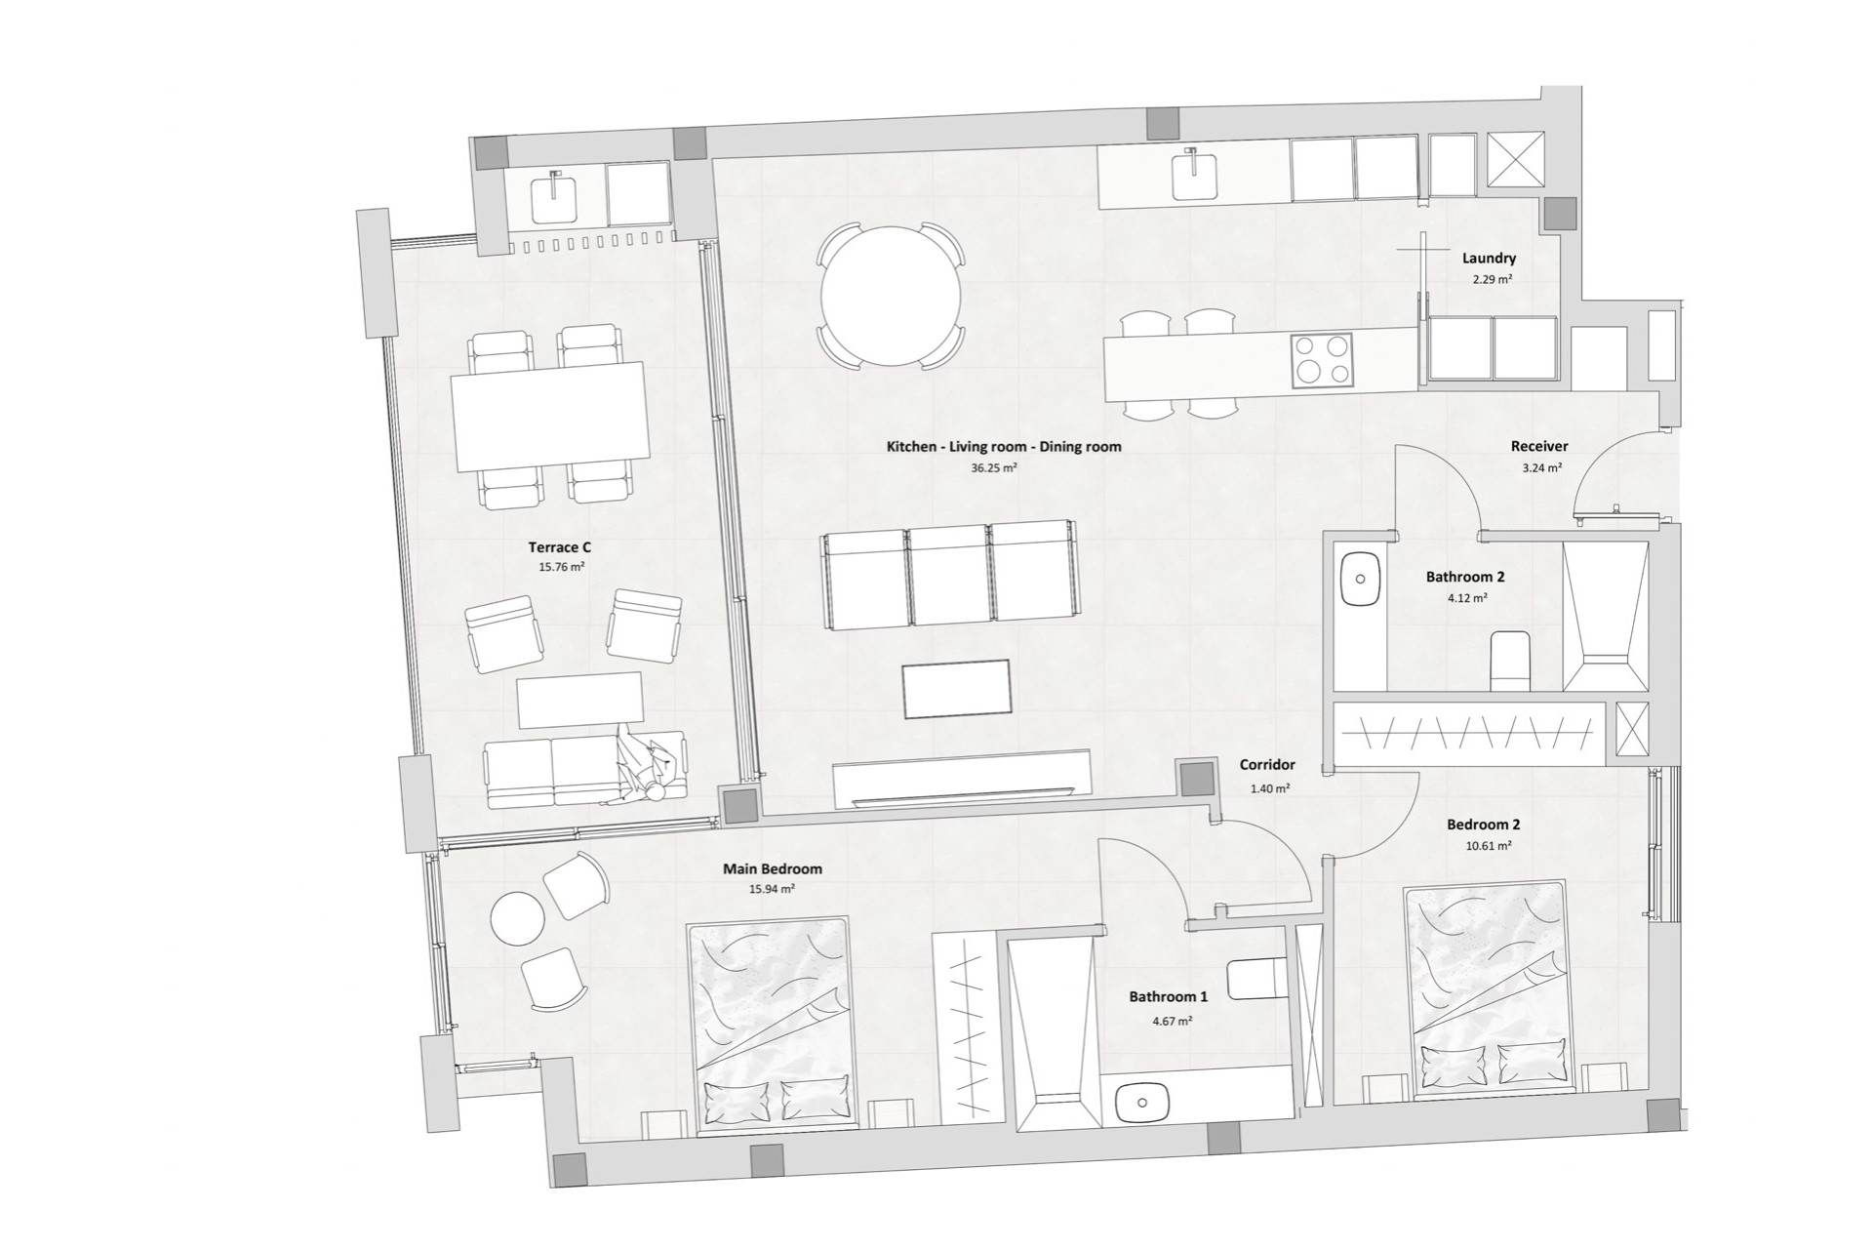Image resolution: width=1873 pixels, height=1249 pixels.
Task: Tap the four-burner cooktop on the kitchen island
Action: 1321,359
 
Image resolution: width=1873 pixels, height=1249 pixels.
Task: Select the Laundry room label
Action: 1489,259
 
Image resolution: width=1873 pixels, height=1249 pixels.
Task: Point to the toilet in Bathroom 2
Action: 1510,659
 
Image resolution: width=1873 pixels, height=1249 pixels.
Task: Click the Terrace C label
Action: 560,547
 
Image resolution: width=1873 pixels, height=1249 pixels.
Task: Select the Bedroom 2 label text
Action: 1483,825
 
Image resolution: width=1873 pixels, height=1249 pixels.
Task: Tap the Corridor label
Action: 1267,765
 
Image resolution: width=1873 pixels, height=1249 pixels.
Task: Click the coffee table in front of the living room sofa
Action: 956,689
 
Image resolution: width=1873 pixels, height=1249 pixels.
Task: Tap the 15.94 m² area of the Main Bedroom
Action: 772,889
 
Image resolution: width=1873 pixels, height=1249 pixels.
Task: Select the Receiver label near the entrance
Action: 1539,446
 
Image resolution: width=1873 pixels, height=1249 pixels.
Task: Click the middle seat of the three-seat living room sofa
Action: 950,576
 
